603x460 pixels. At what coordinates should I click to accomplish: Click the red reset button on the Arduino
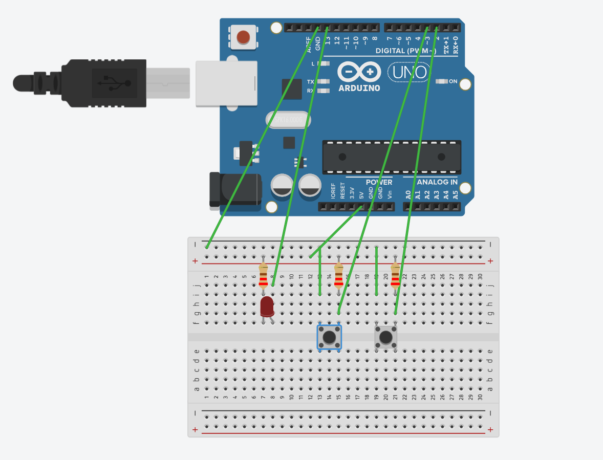click(x=243, y=37)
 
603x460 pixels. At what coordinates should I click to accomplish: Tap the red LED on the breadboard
click(x=267, y=307)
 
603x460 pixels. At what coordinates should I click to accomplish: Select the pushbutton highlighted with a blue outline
click(x=330, y=337)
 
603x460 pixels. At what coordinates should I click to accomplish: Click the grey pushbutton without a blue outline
click(x=386, y=338)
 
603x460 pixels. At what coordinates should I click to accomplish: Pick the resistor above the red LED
click(x=263, y=276)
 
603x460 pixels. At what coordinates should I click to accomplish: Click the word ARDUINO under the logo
click(x=359, y=88)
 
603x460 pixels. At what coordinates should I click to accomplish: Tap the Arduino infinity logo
click(x=359, y=72)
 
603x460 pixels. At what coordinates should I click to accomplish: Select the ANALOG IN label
click(x=437, y=182)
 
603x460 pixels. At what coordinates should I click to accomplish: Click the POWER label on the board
click(x=379, y=182)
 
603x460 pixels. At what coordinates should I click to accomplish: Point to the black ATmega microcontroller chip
click(x=392, y=157)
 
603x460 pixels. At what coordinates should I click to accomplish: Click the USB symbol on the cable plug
click(x=114, y=83)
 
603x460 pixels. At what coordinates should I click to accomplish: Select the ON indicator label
click(x=453, y=81)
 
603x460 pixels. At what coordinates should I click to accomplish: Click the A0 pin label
click(x=408, y=194)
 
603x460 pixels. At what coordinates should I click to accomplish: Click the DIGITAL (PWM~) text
click(x=406, y=51)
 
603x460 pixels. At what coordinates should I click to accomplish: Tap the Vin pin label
click(x=390, y=194)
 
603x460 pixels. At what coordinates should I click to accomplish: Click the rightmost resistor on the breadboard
click(x=395, y=276)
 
